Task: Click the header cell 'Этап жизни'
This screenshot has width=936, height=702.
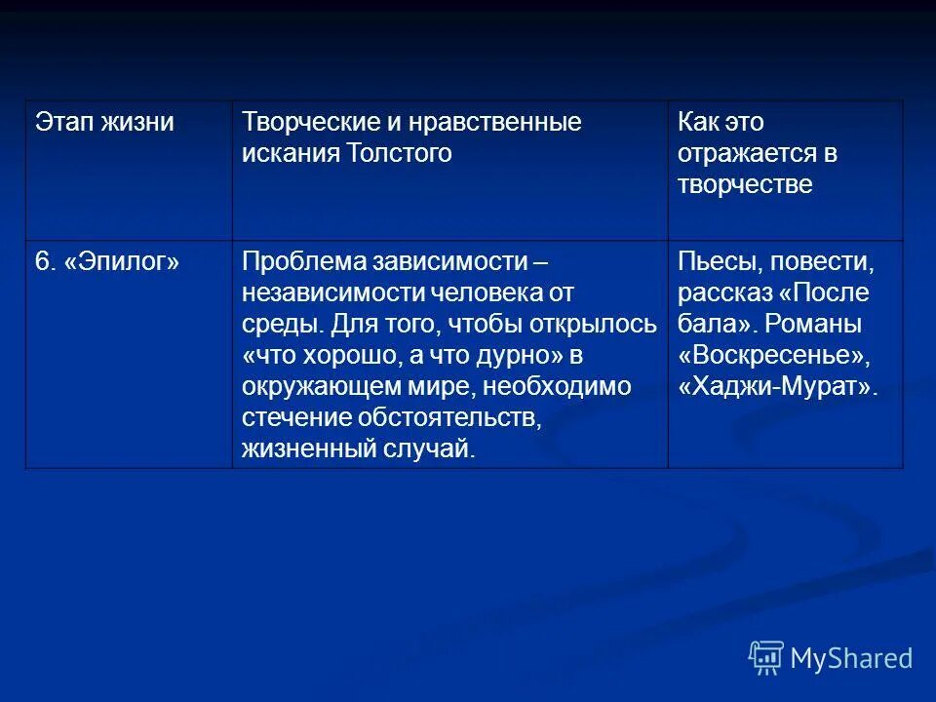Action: coord(104,123)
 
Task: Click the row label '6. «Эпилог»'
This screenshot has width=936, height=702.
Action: coord(107,261)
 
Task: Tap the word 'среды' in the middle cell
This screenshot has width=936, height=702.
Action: coord(280,324)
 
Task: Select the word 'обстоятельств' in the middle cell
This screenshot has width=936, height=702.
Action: coord(453,417)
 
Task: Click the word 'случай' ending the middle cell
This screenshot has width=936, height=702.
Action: coord(433,448)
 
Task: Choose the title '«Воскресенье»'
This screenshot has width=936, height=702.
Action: coord(770,355)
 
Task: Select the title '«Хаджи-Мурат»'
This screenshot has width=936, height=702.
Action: coord(777,386)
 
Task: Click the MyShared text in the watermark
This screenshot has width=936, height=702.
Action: coord(851,658)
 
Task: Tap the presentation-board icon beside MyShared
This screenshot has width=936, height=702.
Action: coord(766,658)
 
